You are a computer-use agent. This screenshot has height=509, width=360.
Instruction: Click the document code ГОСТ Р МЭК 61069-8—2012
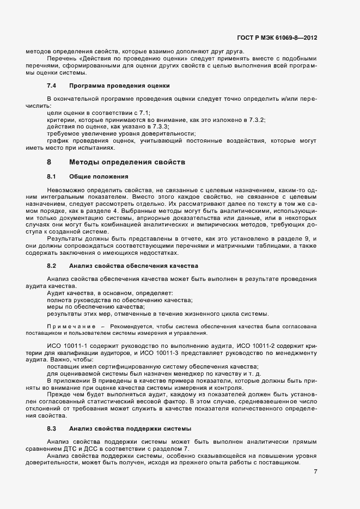click(277, 38)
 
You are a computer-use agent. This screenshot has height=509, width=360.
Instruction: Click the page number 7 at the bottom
click(315, 471)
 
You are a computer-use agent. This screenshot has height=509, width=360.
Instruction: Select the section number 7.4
click(52, 86)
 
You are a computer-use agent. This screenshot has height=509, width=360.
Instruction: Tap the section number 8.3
click(52, 428)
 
